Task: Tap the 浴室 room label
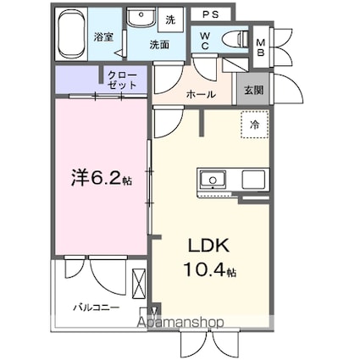103,37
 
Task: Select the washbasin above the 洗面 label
141,17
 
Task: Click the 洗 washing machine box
170,19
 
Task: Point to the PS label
211,14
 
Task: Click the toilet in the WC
235,38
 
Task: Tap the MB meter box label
261,47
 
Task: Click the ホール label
201,94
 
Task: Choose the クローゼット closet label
122,80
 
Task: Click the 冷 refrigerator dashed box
254,125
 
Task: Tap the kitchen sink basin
213,180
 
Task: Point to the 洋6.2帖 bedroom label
102,177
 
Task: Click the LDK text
208,246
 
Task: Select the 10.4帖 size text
210,269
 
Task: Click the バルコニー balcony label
97,307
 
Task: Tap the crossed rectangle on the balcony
139,284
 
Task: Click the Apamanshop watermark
180,322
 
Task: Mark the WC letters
205,41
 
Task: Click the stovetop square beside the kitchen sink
253,180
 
